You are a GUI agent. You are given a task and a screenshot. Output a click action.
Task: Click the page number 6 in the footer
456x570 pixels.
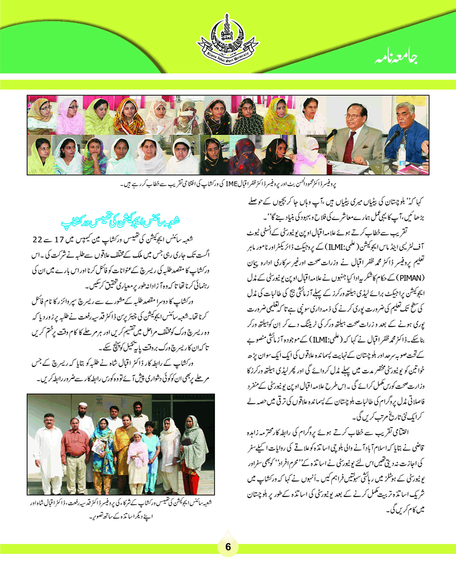point(227,546)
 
